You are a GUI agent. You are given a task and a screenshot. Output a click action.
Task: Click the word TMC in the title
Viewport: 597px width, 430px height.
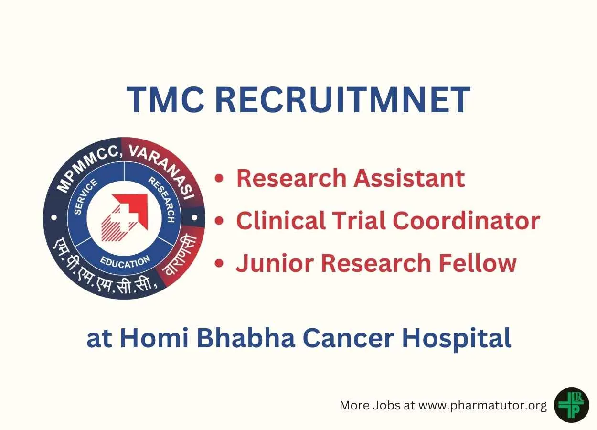pos(165,100)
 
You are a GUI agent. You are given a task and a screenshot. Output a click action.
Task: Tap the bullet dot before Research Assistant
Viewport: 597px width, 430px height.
pos(219,178)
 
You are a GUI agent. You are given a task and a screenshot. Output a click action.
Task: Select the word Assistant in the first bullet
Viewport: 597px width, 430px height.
pos(409,178)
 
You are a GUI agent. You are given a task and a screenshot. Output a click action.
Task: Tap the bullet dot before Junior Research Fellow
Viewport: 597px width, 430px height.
pos(219,263)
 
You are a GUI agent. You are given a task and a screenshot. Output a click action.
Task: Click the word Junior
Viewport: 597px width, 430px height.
pos(275,263)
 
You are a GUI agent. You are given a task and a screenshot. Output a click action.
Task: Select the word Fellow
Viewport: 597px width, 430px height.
pos(478,263)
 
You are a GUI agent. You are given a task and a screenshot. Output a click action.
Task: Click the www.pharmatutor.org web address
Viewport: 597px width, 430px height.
pos(483,406)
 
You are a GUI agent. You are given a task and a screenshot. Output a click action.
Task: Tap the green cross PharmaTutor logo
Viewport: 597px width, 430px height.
pos(571,405)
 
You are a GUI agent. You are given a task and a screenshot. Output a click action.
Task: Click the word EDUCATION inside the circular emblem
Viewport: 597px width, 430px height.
pos(125,262)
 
